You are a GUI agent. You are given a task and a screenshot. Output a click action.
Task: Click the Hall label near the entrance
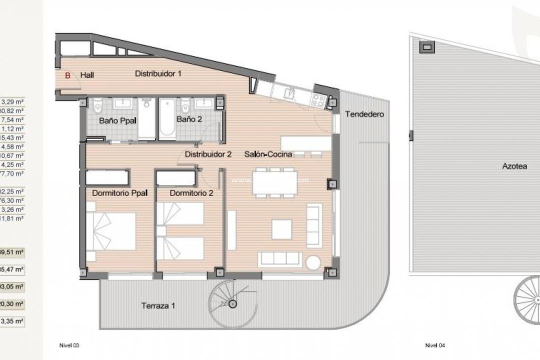pyautogui.click(x=87, y=75)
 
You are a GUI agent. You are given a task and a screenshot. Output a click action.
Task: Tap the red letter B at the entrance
pyautogui.click(x=68, y=75)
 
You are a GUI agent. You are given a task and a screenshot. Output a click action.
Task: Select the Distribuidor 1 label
pyautogui.click(x=158, y=73)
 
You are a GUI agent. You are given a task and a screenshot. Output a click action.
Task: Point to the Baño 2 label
pyautogui.click(x=189, y=119)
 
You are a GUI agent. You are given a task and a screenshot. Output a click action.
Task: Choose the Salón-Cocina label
pyautogui.click(x=268, y=154)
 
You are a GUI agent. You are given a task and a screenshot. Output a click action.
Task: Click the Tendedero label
pyautogui.click(x=364, y=114)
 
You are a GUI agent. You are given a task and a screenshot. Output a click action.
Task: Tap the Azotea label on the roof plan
pyautogui.click(x=514, y=166)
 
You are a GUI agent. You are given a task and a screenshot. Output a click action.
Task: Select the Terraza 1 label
pyautogui.click(x=158, y=305)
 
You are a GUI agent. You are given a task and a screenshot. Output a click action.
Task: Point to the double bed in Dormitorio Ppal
pyautogui.click(x=111, y=231)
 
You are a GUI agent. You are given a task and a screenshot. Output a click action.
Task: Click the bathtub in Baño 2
pyautogui.click(x=167, y=119)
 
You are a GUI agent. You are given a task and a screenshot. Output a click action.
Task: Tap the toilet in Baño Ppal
pyautogui.click(x=98, y=106)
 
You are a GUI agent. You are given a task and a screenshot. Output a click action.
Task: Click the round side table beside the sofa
pyautogui.click(x=313, y=262)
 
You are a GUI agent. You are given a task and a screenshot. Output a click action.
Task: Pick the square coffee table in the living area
pyautogui.click(x=281, y=229)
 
